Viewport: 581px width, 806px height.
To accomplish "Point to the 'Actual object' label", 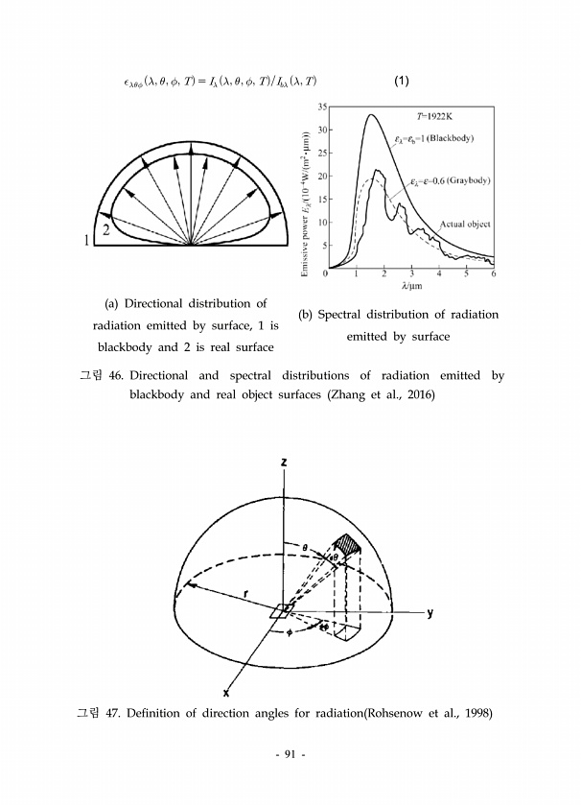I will tap(465, 225).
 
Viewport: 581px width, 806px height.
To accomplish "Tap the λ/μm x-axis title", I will tap(410, 286).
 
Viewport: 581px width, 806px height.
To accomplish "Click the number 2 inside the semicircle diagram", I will tap(105, 230).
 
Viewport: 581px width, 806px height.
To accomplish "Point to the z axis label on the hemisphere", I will tap(284, 462).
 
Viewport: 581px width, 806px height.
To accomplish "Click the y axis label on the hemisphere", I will tap(430, 615).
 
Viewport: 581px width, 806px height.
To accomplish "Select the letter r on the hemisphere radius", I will tap(247, 594).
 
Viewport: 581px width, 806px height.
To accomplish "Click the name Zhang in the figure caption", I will tap(360, 395).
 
